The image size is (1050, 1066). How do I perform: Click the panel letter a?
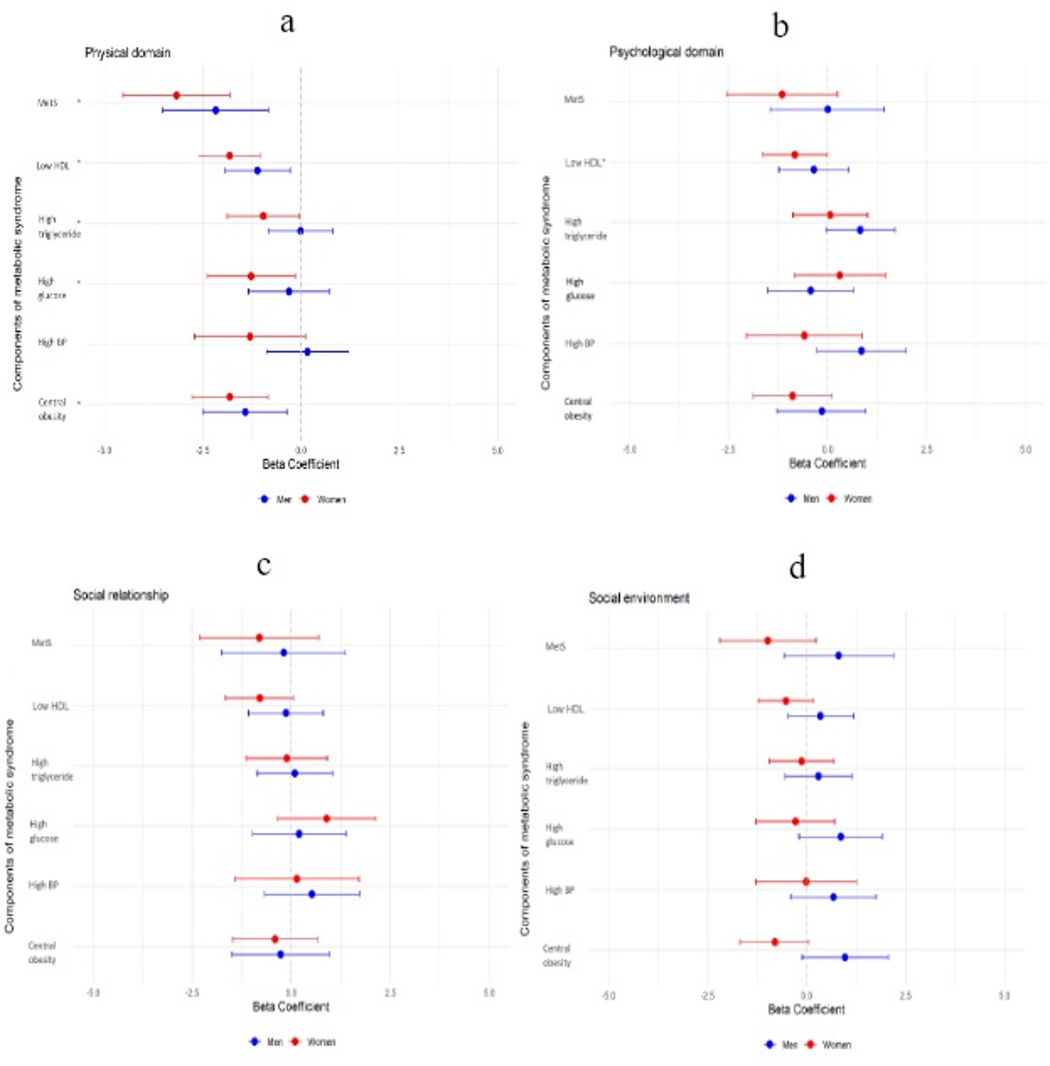[287, 24]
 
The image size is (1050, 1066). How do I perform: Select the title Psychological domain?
[666, 52]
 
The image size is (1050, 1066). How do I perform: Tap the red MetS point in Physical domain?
[176, 95]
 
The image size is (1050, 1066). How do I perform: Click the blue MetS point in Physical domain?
[215, 110]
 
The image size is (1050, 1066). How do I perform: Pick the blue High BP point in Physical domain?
[307, 352]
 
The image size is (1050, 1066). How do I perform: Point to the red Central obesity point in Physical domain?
[230, 397]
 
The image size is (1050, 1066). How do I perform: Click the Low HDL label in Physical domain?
[53, 165]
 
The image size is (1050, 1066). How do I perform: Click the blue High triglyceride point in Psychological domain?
[860, 230]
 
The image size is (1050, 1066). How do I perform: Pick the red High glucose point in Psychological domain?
[839, 275]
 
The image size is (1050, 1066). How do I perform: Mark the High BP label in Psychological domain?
[579, 343]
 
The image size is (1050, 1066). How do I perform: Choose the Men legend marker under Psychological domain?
[791, 498]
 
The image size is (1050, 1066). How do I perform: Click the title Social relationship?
[121, 596]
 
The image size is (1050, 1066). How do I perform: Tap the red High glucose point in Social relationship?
[326, 818]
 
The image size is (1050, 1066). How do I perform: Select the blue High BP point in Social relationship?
[312, 894]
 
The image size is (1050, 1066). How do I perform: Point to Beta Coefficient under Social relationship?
[291, 1007]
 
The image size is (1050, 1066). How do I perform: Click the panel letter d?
[797, 568]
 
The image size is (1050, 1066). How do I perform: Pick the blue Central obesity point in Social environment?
[845, 957]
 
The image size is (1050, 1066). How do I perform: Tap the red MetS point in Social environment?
[768, 641]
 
